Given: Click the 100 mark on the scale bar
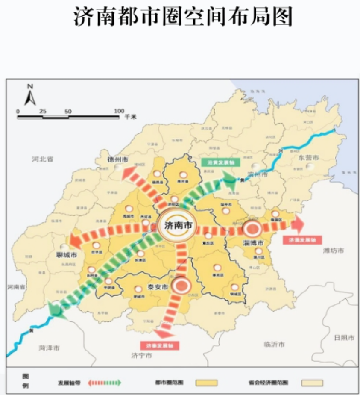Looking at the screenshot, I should [x=119, y=111].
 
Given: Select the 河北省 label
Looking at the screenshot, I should [x=43, y=159].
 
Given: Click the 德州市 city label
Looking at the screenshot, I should [x=118, y=159].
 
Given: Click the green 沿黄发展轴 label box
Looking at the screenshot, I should [x=221, y=162].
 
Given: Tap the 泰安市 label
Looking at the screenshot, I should [x=158, y=287].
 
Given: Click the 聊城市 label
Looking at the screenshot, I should [x=67, y=255].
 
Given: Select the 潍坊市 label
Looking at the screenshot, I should [x=333, y=251].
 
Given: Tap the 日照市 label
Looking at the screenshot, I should [x=344, y=338].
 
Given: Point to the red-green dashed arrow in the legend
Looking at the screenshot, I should [x=105, y=382].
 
